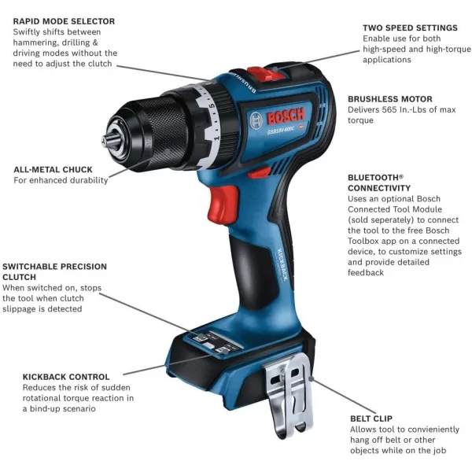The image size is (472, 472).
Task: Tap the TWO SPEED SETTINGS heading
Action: tap(410, 28)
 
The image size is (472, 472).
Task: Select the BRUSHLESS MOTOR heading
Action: tap(389, 99)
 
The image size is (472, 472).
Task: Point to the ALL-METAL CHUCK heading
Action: tap(53, 169)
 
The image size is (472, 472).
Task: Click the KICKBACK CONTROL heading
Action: tap(67, 377)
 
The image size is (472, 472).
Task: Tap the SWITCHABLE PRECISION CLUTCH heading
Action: tap(54, 271)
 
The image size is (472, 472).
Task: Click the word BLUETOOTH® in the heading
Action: tap(375, 178)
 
